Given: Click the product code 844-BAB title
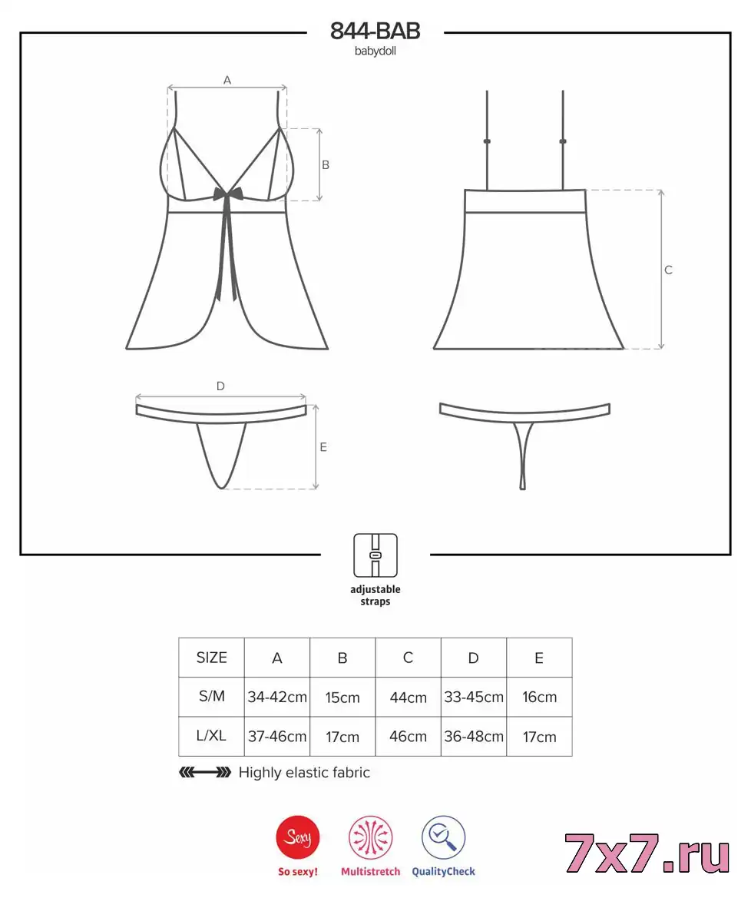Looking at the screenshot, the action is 375,31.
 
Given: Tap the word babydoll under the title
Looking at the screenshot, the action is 375,51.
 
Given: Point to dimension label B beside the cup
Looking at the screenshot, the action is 325,165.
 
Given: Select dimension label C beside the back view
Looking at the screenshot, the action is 668,270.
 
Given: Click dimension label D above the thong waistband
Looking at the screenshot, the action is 220,386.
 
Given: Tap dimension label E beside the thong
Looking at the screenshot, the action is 323,447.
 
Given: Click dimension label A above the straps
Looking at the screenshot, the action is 227,80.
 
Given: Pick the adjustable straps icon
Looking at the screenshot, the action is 375,555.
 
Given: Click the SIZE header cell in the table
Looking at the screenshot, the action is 212,658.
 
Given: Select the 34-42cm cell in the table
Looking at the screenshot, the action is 277,697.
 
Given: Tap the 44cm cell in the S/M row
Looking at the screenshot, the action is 408,697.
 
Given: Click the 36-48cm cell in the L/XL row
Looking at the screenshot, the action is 474,737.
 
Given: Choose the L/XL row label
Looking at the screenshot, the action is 212,736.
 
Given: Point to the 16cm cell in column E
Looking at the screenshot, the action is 539,697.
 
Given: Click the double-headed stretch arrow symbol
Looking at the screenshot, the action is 205,773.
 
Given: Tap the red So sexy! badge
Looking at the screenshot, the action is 298,837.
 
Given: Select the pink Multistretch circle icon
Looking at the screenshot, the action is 370,837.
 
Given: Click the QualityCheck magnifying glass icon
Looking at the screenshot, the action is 444,837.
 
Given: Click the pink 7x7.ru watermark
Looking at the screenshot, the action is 647,853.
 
